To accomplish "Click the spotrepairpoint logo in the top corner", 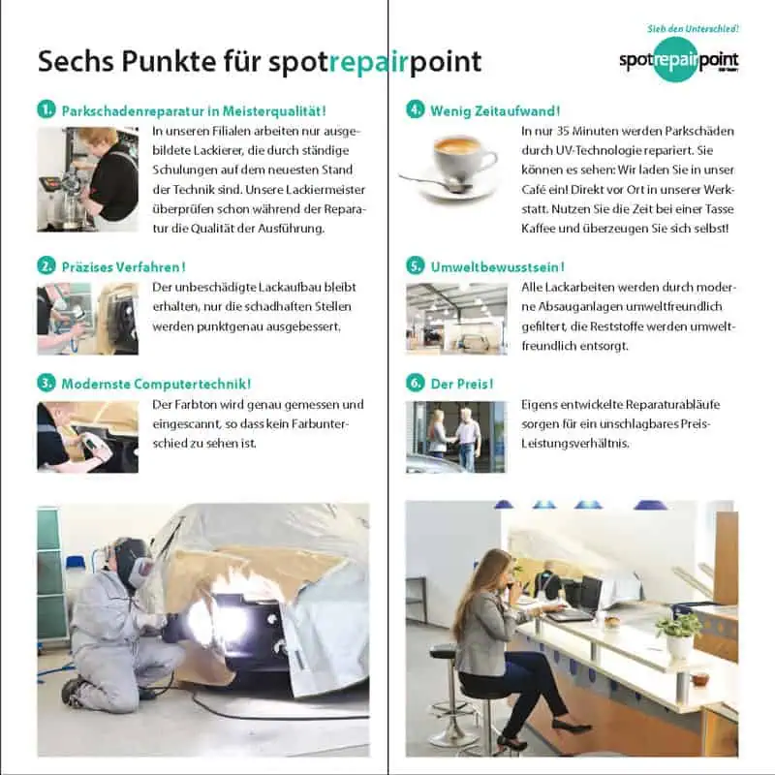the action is coord(679,61).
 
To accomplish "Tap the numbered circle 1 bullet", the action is coord(46,109).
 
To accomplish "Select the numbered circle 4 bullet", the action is coord(416,109).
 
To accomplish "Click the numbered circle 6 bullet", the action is coord(416,383).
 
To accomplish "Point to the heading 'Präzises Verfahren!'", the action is coord(124,267).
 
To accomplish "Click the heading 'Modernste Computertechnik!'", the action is coord(156,384).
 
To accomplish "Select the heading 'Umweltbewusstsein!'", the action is coord(497,267).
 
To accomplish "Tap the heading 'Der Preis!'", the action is coord(462,384).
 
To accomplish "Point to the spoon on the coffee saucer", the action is coord(436,182).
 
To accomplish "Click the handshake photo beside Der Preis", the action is coord(456,437).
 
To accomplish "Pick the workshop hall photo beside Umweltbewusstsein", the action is coord(456,319).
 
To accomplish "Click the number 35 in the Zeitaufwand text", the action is coord(563,131).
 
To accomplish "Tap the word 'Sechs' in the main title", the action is coord(76,61).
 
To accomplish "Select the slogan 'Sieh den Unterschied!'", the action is coord(693,29).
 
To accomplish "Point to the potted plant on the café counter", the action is coord(680,635).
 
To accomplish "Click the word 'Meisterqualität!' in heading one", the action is coord(273,110).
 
